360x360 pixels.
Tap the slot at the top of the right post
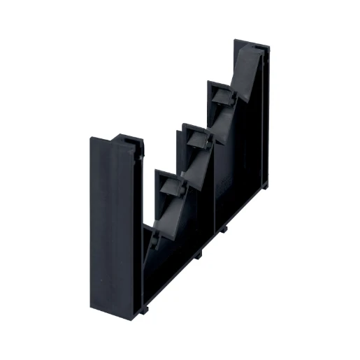pyautogui.click(x=261, y=49)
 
